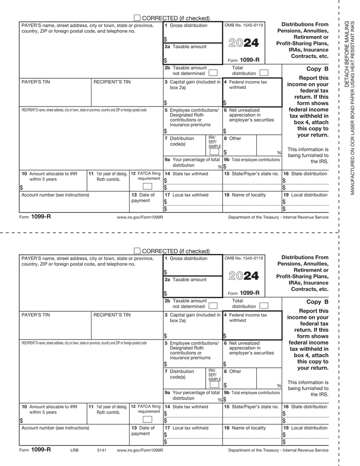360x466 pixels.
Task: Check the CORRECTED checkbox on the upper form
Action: (x=137, y=17)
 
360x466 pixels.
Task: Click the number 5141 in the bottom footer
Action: (x=101, y=450)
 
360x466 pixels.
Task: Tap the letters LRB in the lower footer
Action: (x=74, y=450)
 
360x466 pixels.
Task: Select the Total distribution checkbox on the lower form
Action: (x=264, y=305)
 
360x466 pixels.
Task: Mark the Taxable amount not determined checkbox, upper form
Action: (x=213, y=72)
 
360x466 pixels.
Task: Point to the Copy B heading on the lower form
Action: (x=317, y=302)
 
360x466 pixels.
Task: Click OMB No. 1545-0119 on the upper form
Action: (x=243, y=25)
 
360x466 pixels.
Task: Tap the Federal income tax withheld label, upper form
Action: (x=245, y=84)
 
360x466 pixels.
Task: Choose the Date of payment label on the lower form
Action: (x=143, y=431)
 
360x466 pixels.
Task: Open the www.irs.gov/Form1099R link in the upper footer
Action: (x=140, y=217)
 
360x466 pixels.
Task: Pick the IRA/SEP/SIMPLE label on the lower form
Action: (x=214, y=375)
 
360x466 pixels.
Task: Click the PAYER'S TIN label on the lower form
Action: (x=36, y=315)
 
